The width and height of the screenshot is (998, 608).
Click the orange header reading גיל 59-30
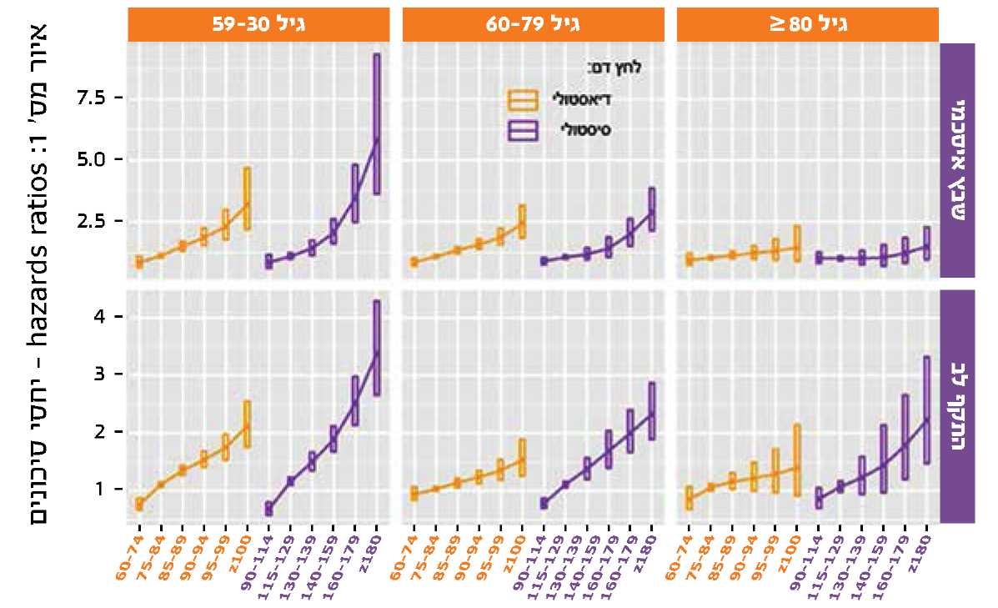point(258,24)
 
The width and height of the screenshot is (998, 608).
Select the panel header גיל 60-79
point(533,24)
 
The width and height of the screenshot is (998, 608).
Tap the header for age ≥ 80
point(807,24)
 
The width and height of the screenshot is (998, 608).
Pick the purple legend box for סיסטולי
point(524,130)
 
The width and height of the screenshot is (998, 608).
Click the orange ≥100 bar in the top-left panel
point(247,198)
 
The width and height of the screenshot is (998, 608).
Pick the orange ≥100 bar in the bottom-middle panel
point(522,458)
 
